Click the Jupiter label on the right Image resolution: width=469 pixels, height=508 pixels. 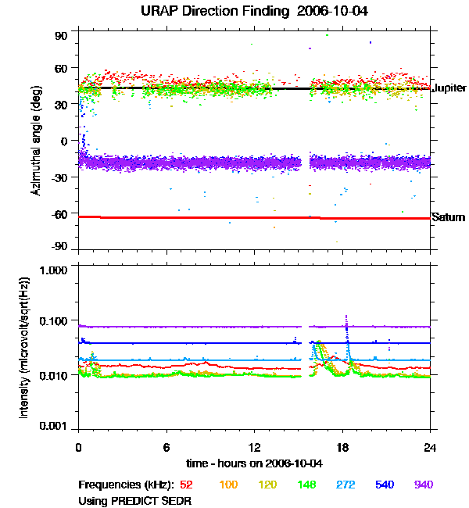coord(449,88)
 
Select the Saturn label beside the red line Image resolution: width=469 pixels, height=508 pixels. coord(448,217)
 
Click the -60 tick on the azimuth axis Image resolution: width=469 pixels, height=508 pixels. coord(59,213)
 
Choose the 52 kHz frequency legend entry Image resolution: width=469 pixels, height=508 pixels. coord(186,485)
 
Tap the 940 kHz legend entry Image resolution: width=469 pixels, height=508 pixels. coord(424,485)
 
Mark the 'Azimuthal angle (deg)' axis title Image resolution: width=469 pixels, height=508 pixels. coord(37,141)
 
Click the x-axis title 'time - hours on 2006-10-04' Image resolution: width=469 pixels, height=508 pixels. coord(254,463)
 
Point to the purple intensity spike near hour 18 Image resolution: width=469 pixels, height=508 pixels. coord(345,318)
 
